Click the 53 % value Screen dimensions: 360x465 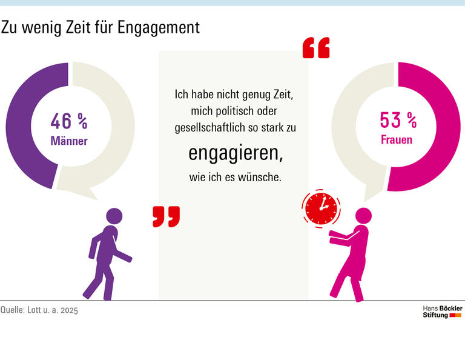tap(398, 121)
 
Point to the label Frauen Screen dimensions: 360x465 tap(397, 140)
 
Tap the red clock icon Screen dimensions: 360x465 tap(321, 209)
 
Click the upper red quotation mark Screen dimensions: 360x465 tap(316, 48)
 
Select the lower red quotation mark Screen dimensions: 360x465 tap(166, 216)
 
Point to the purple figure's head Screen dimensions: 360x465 tap(114, 215)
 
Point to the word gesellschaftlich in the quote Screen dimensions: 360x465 tap(209, 128)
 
